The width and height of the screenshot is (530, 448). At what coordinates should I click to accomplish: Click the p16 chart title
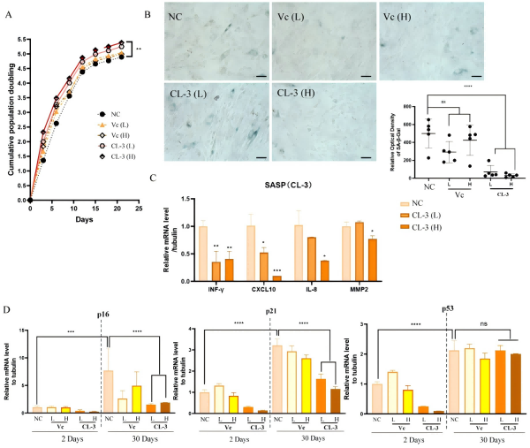104,314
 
